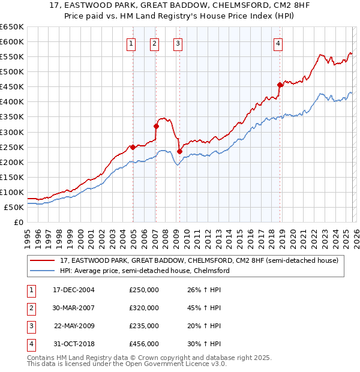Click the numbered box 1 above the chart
pos(130,43)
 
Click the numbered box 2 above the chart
pos(154,43)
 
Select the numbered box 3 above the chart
pos(178,43)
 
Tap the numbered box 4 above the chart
pos(278,43)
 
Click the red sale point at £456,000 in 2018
pos(280,85)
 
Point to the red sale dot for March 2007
pos(156,126)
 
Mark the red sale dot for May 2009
pos(179,151)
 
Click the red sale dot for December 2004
pos(133,147)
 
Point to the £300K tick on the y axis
pos(11,132)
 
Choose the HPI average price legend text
pos(145,271)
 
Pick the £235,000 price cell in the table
pos(144,326)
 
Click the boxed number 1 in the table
pos(29,290)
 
